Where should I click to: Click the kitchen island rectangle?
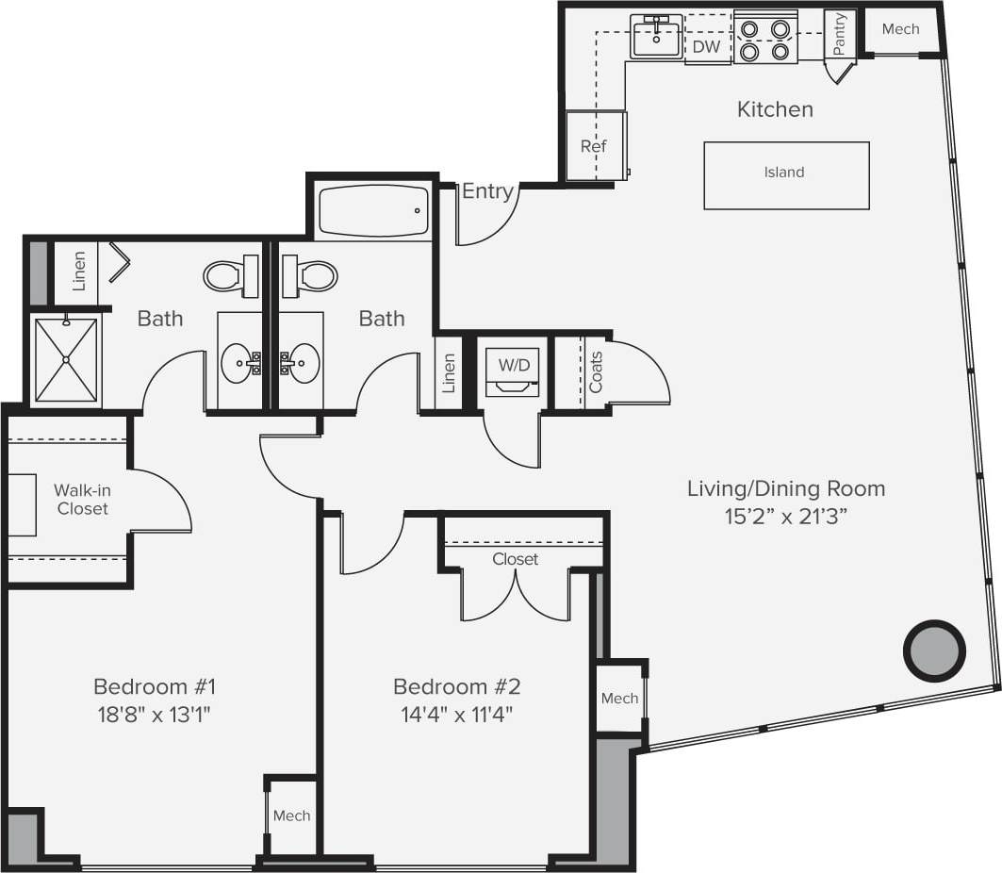(x=786, y=175)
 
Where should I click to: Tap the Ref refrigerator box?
(x=594, y=145)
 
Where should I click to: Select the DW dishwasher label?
(x=706, y=46)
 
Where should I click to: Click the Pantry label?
(x=839, y=33)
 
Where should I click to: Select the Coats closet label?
(x=596, y=373)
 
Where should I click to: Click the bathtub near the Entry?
(x=373, y=211)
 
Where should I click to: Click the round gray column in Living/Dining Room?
(x=934, y=650)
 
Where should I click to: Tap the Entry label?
(x=487, y=192)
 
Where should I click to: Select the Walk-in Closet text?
(x=81, y=500)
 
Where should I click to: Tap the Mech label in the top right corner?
(x=900, y=29)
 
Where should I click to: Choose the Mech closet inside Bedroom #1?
(x=291, y=815)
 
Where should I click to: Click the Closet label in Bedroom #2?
(x=516, y=559)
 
